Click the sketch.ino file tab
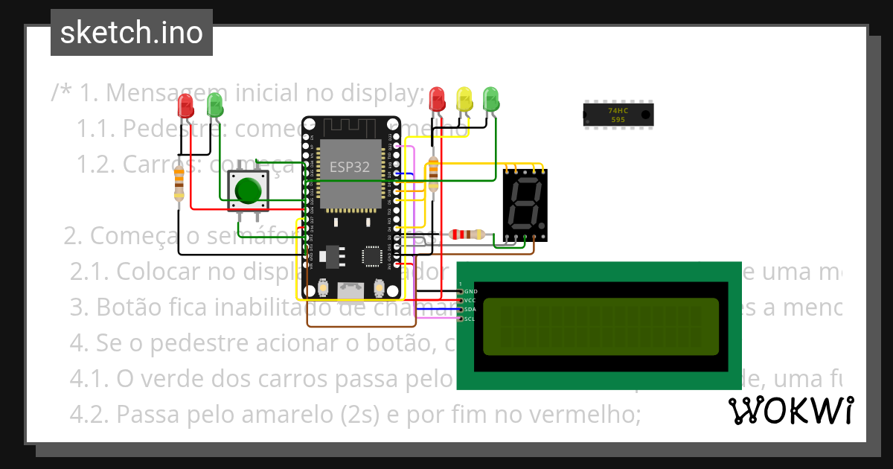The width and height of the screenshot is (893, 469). (132, 33)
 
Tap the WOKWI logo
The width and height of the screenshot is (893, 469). (790, 410)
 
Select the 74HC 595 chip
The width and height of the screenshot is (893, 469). (618, 114)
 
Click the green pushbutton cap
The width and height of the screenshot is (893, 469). (248, 191)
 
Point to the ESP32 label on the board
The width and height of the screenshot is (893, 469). (350, 167)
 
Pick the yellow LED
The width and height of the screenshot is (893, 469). (464, 100)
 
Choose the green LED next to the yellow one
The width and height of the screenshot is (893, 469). (490, 98)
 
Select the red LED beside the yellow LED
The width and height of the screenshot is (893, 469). (438, 99)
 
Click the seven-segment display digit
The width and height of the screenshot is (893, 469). (525, 203)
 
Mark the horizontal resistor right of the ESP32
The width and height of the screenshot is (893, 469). (467, 234)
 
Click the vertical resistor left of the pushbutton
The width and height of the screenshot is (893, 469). (179, 182)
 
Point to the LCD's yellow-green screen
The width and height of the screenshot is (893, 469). (601, 326)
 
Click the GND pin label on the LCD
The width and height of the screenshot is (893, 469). (471, 291)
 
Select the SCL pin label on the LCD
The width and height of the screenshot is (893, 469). (470, 319)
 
